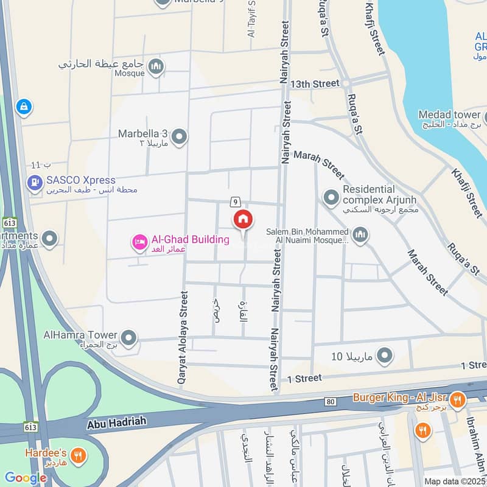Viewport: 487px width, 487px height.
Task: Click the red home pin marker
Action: pyautogui.click(x=243, y=219)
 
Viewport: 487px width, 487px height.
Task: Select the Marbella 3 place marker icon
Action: pyautogui.click(x=179, y=138)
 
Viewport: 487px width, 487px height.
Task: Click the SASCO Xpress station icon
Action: pyautogui.click(x=35, y=181)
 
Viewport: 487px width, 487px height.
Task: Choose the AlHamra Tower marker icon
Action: pyautogui.click(x=128, y=337)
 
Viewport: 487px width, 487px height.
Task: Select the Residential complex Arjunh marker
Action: pyautogui.click(x=331, y=197)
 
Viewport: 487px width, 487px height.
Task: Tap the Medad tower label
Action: pyautogui.click(x=449, y=115)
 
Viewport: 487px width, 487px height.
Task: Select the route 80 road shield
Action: pyautogui.click(x=331, y=402)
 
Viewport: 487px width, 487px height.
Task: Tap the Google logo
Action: pyautogui.click(x=25, y=478)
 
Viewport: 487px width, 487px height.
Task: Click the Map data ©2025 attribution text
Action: pyautogui.click(x=454, y=482)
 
